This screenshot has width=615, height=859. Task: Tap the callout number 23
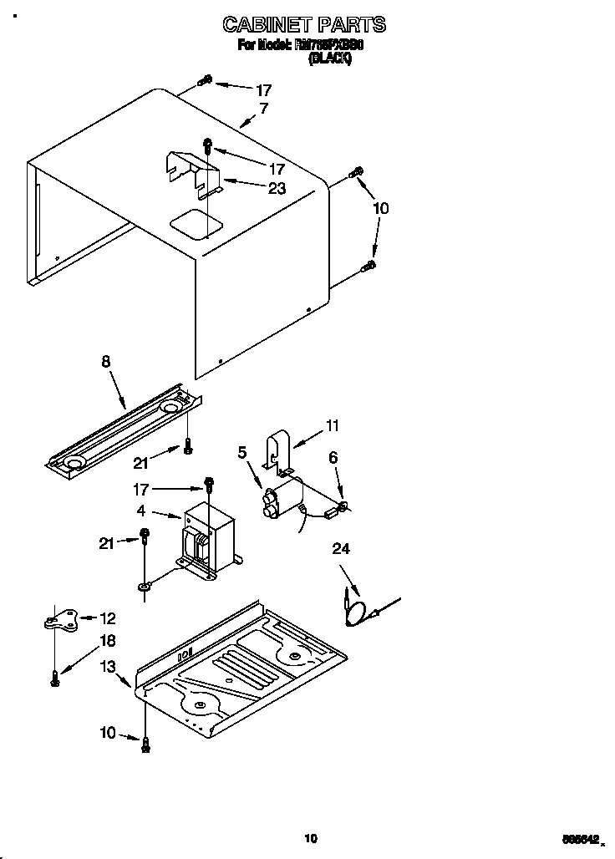pos(277,189)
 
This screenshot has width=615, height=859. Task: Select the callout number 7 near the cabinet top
pos(263,109)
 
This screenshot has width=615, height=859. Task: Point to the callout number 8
pos(105,362)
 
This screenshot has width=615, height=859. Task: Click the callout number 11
pos(332,426)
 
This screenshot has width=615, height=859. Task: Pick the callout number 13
pos(108,666)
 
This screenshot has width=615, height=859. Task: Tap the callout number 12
pos(108,618)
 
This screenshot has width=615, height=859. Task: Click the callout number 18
pos(108,640)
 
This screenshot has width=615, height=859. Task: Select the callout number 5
pos(242,454)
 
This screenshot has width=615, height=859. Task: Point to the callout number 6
pos(333,457)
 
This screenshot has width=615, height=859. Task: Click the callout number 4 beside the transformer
pos(141,509)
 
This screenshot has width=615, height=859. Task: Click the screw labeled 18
pos(55,679)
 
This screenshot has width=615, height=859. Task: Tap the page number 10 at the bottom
pos(311,837)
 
